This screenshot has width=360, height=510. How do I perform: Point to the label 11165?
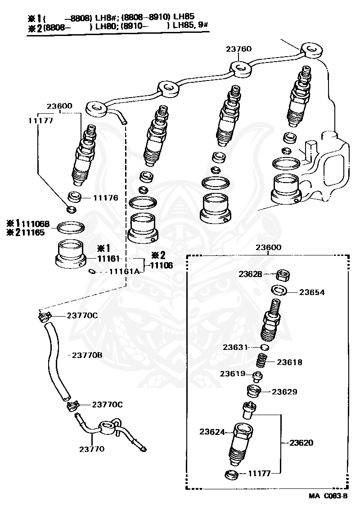click(36, 233)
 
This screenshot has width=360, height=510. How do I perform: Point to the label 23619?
click(233, 374)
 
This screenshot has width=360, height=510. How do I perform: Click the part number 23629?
click(284, 392)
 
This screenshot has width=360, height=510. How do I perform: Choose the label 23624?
click(212, 432)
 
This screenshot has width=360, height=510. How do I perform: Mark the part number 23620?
click(301, 443)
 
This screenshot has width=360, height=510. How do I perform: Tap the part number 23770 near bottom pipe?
click(92, 448)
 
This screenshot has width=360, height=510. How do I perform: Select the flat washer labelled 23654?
click(280, 289)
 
